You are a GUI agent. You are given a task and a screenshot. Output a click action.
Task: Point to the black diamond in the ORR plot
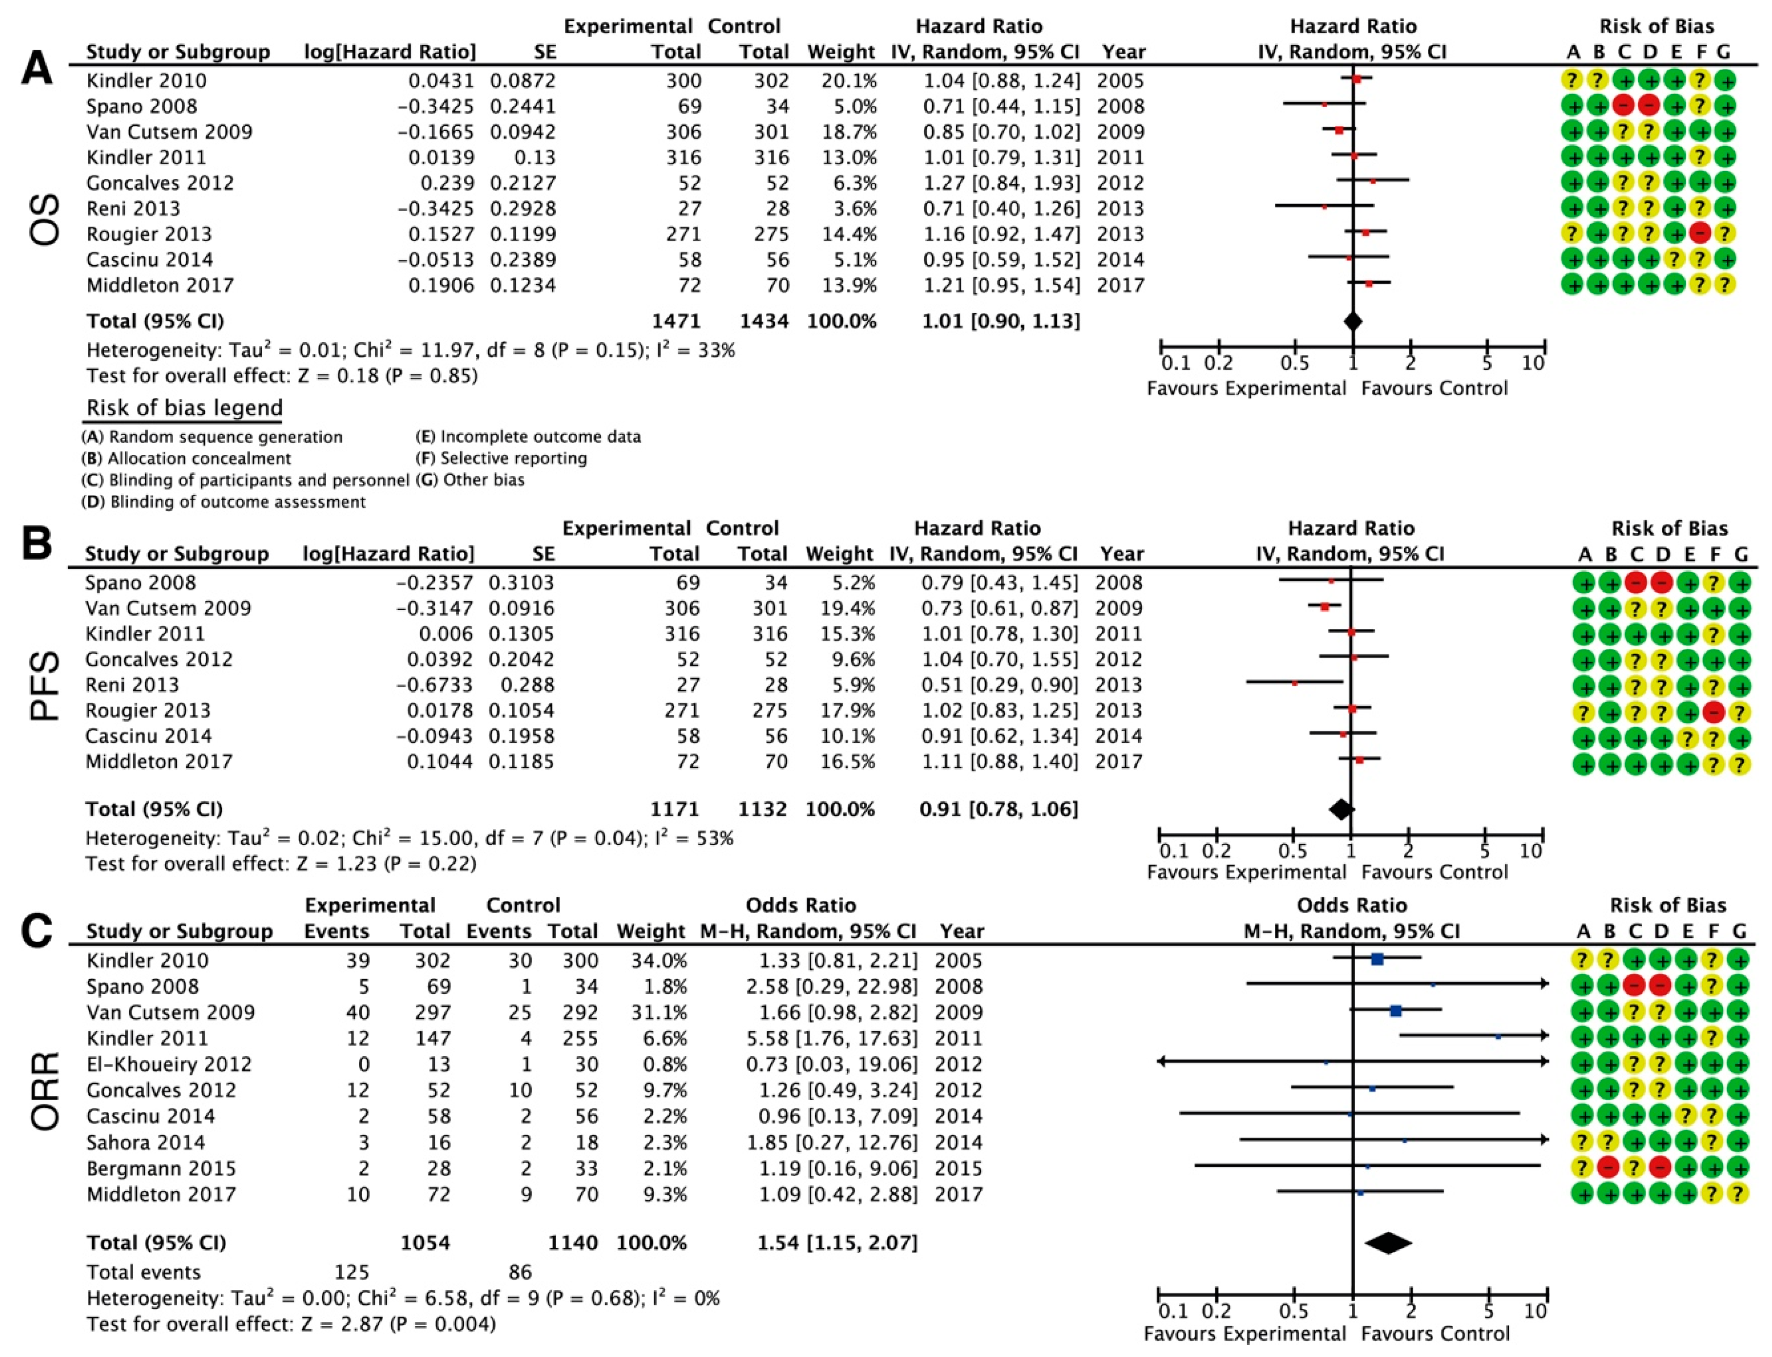pyautogui.click(x=1387, y=1242)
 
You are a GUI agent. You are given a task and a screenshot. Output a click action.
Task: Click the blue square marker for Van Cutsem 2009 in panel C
pyautogui.click(x=1395, y=1010)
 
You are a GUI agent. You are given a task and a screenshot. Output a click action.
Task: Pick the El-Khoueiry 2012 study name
pyautogui.click(x=169, y=1064)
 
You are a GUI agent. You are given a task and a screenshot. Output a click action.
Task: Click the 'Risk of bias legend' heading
pyautogui.click(x=184, y=408)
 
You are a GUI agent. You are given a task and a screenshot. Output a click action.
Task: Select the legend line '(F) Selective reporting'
pyautogui.click(x=502, y=459)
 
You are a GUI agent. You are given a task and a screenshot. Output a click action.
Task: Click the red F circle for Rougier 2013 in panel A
pyautogui.click(x=1700, y=233)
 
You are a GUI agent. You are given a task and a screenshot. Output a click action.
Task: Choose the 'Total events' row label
pyautogui.click(x=144, y=1272)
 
